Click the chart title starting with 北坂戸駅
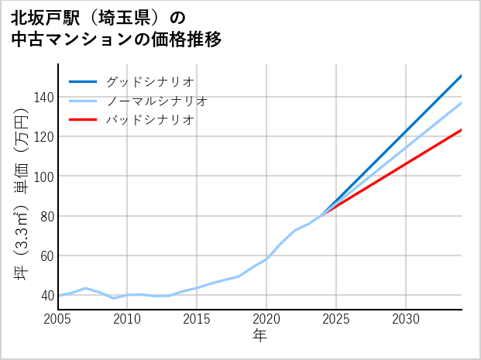click(x=116, y=28)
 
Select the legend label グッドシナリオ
click(x=150, y=81)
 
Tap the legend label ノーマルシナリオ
click(x=157, y=101)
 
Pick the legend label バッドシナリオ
click(x=150, y=120)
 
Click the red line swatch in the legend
click(x=84, y=120)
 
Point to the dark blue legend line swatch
click(x=84, y=81)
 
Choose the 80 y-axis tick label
click(x=45, y=217)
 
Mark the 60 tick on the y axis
click(x=45, y=256)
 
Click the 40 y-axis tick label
click(x=45, y=296)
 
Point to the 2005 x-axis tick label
click(x=57, y=319)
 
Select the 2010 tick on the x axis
click(x=127, y=319)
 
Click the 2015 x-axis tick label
click(x=197, y=319)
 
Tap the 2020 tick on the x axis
click(x=266, y=319)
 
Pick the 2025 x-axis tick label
click(x=336, y=319)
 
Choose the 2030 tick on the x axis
click(x=406, y=319)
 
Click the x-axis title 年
click(x=259, y=336)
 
